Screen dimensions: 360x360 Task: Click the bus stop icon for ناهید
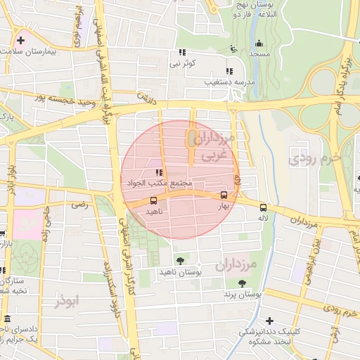click(153, 200)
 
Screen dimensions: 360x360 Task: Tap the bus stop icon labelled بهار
click(224, 195)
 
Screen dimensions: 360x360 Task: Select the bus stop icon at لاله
click(263, 207)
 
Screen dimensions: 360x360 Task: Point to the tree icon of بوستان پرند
click(242, 283)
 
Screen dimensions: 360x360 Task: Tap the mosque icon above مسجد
click(259, 43)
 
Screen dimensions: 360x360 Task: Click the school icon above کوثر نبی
click(183, 52)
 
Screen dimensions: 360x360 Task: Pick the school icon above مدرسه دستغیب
click(229, 70)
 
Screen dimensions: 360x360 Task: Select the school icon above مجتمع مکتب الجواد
click(159, 172)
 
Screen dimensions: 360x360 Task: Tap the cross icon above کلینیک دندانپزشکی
click(270, 320)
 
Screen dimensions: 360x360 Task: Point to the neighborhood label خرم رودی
click(315, 159)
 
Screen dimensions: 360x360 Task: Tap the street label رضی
click(79, 205)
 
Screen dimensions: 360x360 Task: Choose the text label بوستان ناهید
click(180, 271)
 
